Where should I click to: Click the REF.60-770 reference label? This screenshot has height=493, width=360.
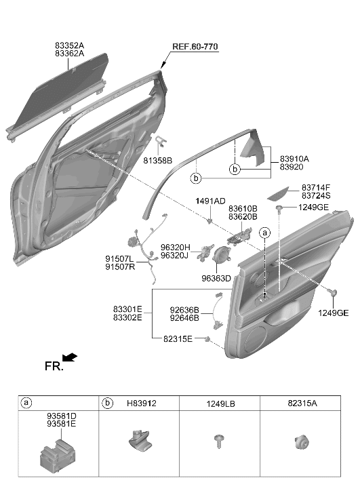(195, 47)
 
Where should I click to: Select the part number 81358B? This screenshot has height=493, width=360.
(158, 161)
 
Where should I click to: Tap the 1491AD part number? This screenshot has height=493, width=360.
(210, 201)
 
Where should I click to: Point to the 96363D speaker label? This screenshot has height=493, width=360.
(216, 279)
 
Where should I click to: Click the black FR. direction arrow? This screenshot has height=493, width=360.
(70, 357)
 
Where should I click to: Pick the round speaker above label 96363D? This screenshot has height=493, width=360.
(221, 255)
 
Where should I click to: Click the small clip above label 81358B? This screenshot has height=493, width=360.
(161, 141)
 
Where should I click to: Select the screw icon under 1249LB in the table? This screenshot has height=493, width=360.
(219, 441)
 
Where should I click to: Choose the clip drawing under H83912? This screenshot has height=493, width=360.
(140, 439)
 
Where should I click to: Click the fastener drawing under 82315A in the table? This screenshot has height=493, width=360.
(302, 442)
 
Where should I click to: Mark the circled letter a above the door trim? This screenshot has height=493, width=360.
(264, 233)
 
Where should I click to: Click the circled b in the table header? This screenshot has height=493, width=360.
(108, 403)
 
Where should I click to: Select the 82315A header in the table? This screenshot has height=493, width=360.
(302, 403)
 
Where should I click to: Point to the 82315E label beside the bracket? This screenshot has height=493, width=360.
(178, 339)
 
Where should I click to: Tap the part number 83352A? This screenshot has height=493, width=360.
(69, 45)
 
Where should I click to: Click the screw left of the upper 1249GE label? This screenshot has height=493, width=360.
(279, 208)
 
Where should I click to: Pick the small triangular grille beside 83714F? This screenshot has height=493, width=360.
(278, 194)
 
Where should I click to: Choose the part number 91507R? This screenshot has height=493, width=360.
(120, 267)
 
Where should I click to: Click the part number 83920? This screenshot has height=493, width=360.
(292, 167)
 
